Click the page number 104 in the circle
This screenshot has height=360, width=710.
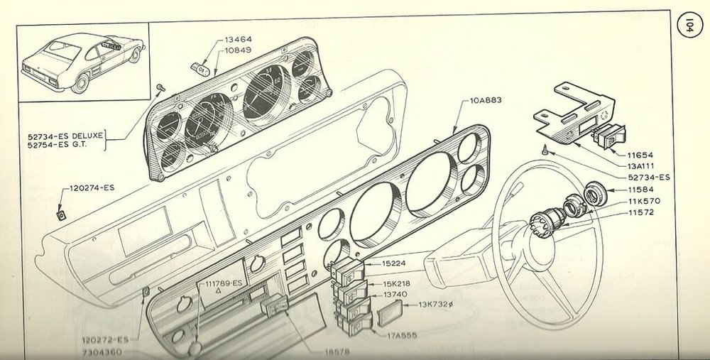tap(689, 26)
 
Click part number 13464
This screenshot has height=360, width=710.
tap(238, 40)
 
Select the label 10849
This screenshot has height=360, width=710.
tap(238, 50)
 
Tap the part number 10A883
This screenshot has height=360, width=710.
tap(486, 100)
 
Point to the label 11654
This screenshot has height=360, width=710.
tap(640, 156)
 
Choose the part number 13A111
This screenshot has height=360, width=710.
tap(640, 166)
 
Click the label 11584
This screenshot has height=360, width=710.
tap(640, 190)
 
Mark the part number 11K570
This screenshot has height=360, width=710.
tap(644, 201)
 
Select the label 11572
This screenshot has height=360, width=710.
tap(640, 212)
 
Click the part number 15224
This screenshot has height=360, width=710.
tap(394, 263)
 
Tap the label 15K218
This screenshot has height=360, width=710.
tap(397, 284)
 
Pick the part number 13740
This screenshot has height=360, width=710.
tap(395, 295)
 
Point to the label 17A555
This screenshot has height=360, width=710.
tap(402, 336)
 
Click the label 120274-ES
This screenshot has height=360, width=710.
tap(92, 188)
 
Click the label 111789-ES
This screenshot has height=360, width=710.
tap(224, 283)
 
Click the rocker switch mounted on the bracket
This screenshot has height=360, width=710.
tap(609, 136)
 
